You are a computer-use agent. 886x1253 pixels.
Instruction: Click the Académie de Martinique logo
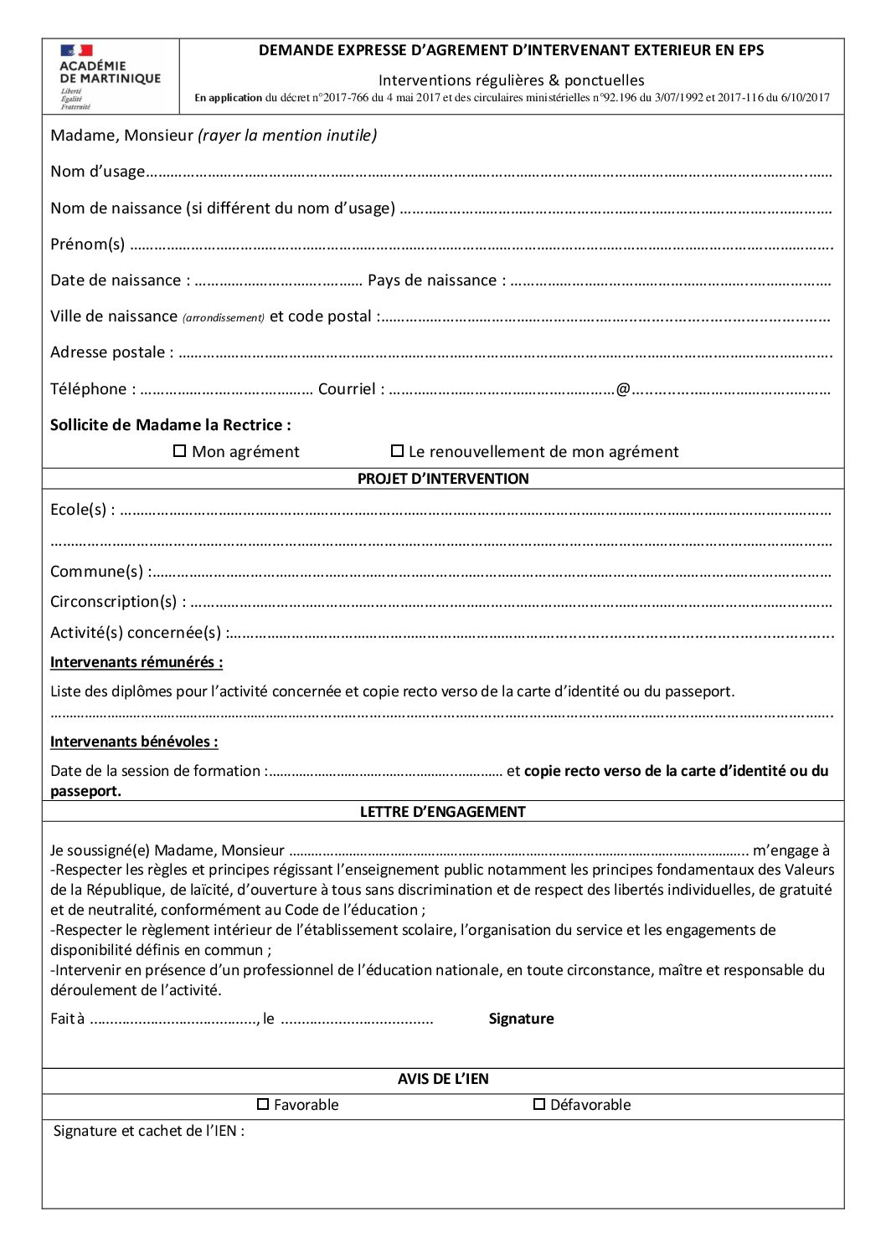coord(109,76)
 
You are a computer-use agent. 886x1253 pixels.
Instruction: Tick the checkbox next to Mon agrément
coord(179,451)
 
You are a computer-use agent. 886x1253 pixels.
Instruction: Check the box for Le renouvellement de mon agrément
coord(398,451)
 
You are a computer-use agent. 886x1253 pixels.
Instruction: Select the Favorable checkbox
coord(263,1104)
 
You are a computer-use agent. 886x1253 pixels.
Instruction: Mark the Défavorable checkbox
coord(539,1104)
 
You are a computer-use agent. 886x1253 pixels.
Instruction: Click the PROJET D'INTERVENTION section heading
coord(443,479)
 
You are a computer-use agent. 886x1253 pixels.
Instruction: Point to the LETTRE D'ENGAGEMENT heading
coord(443,812)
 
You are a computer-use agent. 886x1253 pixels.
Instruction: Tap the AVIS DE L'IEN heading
coord(443,1079)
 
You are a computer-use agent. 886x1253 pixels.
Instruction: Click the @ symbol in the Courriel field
coord(623,389)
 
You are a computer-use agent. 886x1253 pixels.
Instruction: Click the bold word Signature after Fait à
coord(521,1019)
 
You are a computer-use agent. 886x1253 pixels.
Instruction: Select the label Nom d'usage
coord(97,172)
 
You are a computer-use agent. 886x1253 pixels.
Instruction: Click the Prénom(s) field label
coord(87,244)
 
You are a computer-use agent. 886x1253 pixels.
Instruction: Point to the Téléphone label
coord(88,389)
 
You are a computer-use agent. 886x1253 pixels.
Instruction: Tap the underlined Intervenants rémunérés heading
coord(137,662)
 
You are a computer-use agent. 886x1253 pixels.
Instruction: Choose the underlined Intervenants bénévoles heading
coord(134,742)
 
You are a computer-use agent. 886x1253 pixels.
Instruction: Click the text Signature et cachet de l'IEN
coord(148,1131)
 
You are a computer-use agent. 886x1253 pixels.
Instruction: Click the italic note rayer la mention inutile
coord(287,136)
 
